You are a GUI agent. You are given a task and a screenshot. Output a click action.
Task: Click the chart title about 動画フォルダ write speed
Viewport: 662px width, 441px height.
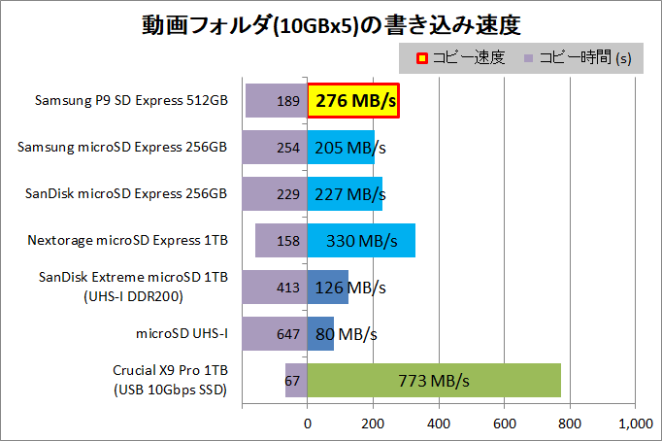(330, 23)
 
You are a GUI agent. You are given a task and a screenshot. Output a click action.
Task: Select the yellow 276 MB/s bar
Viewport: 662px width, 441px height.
(353, 101)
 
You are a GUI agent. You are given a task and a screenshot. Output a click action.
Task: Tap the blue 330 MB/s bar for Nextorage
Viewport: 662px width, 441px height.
(361, 241)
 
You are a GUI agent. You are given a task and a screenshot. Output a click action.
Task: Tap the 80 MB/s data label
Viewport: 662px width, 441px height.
(345, 334)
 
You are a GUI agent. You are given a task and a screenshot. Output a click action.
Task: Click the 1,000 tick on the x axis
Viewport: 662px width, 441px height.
(635, 424)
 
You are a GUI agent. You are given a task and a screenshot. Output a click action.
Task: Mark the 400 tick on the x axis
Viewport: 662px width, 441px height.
(439, 424)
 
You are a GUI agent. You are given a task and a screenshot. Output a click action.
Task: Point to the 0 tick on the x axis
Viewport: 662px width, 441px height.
(308, 424)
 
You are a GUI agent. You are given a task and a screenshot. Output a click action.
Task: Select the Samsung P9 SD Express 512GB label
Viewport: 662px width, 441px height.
(131, 101)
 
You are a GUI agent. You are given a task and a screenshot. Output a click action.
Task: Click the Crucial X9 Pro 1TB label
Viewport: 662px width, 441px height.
(171, 372)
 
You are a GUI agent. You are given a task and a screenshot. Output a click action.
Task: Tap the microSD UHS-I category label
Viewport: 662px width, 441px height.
(182, 334)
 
